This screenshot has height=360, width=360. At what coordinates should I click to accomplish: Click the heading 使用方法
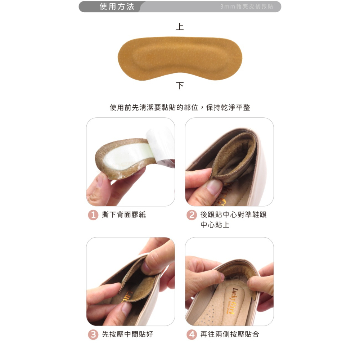pyautogui.click(x=117, y=6)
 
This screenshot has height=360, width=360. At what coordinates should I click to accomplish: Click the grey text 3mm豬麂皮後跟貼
pyautogui.click(x=246, y=7)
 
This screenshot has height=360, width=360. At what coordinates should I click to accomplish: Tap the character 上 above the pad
pyautogui.click(x=180, y=27)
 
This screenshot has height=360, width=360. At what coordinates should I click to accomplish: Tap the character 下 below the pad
pyautogui.click(x=180, y=86)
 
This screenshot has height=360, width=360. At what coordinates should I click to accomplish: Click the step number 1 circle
pyautogui.click(x=93, y=215)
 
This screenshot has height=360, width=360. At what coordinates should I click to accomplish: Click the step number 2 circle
pyautogui.click(x=192, y=215)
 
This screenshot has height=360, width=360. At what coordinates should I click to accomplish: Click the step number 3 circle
pyautogui.click(x=93, y=334)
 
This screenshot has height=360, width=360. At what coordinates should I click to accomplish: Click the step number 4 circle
pyautogui.click(x=192, y=334)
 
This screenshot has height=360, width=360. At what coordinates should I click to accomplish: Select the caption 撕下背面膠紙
pyautogui.click(x=124, y=215)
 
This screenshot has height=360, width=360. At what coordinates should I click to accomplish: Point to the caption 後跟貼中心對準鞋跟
pyautogui.click(x=233, y=215)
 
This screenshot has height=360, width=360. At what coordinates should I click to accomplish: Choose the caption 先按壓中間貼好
pyautogui.click(x=127, y=334)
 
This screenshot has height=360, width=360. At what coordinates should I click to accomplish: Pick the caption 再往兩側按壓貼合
pyautogui.click(x=230, y=334)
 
